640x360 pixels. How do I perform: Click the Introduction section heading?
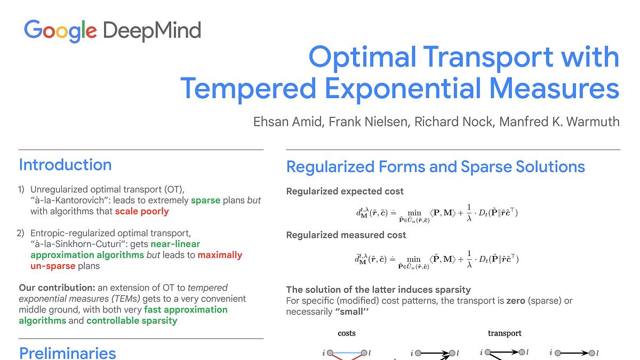[65, 165]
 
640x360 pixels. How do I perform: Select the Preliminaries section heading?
[67, 353]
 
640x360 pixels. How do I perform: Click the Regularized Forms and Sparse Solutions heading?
[435, 167]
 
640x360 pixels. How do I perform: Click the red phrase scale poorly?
[142, 211]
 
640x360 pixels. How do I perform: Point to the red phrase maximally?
[220, 255]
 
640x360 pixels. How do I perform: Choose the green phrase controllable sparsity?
[132, 321]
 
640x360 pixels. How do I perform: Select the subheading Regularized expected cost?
[345, 191]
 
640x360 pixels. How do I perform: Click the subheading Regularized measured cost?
[346, 235]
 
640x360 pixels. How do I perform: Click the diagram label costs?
[347, 333]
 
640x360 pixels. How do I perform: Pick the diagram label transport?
[505, 333]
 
